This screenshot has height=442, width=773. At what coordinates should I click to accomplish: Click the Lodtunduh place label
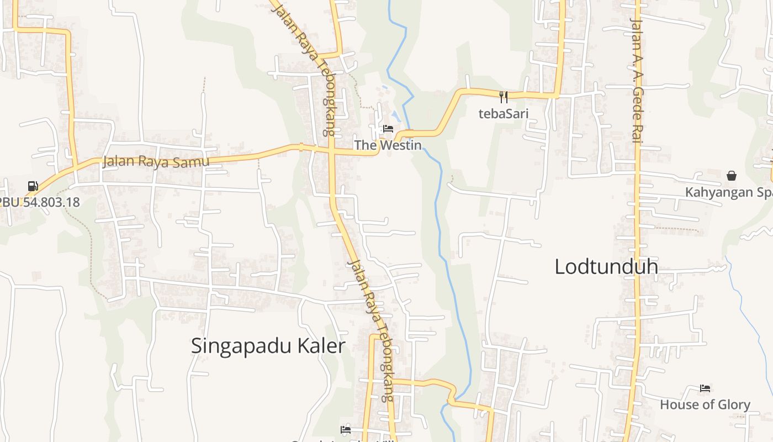tap(606, 267)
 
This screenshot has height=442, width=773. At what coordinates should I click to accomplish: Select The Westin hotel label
tap(388, 145)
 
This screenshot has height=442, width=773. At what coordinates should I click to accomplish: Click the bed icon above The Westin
tap(388, 129)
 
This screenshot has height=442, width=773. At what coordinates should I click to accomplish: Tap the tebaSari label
tap(503, 114)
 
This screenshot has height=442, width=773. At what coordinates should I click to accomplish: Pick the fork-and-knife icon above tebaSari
tap(503, 97)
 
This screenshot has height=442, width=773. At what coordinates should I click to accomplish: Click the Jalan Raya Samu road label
tap(156, 161)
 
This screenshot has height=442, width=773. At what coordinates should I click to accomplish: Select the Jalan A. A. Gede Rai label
tap(637, 81)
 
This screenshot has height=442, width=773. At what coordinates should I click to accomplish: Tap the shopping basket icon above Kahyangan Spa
tap(732, 176)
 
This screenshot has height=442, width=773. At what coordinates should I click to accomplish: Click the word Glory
tap(733, 405)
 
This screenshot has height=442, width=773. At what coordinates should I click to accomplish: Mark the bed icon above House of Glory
tap(705, 388)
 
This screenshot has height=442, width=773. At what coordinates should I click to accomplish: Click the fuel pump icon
tap(33, 186)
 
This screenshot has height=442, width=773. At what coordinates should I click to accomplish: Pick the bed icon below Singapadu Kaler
tap(346, 429)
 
